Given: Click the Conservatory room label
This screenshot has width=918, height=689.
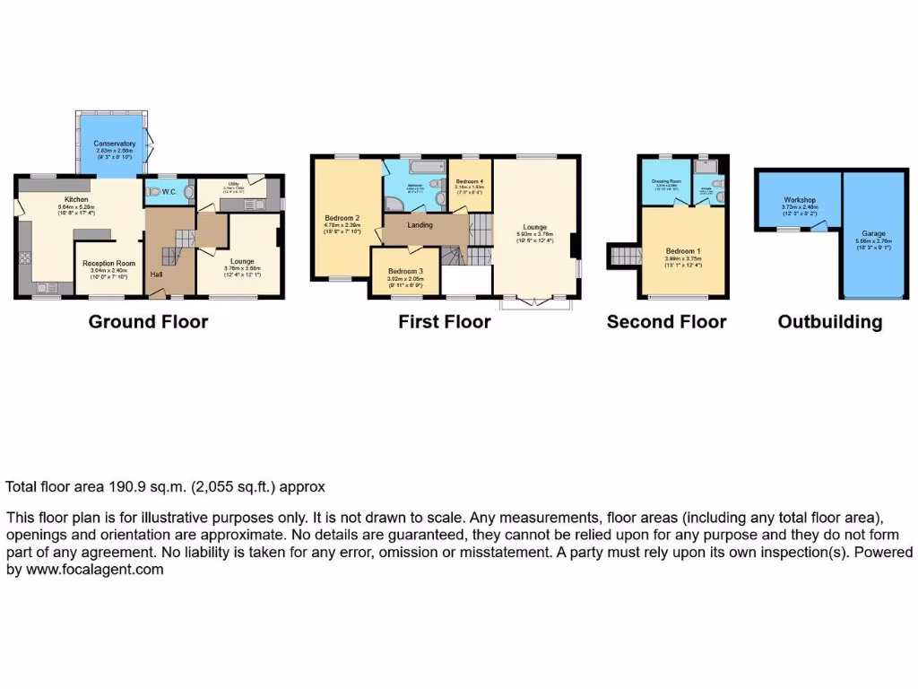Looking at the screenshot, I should [115, 144].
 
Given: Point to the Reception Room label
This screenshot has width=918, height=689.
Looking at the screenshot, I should [107, 264].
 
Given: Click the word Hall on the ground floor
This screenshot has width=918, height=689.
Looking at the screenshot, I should [156, 275].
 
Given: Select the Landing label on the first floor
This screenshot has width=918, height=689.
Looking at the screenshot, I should [420, 225].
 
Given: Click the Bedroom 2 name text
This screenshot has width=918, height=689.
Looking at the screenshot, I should [342, 218].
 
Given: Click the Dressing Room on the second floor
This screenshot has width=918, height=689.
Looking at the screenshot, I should [666, 180].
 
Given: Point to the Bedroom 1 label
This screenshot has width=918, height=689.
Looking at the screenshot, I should [682, 251].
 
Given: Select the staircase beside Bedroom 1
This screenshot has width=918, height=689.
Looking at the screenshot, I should [623, 257].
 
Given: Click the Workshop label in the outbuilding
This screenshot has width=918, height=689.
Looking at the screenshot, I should [799, 200].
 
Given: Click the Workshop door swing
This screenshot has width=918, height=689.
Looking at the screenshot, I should [818, 226].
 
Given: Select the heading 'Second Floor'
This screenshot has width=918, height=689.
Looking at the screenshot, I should [666, 322].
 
